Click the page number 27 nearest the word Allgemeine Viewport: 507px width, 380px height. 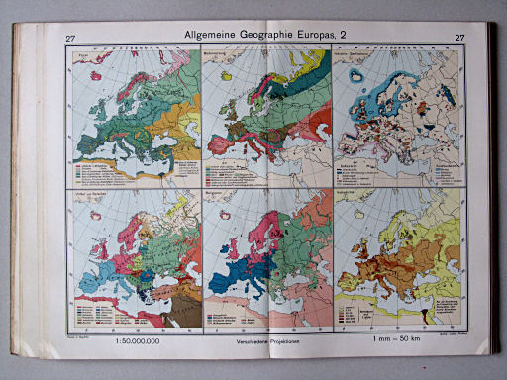pos(70,40)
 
